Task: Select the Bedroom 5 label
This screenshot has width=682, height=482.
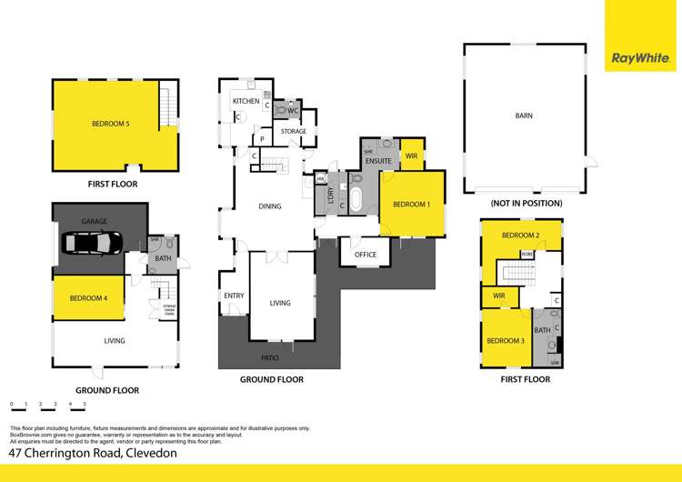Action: click(110, 124)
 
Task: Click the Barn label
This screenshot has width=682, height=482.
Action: click(524, 115)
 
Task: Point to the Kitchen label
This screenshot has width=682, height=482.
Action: click(246, 101)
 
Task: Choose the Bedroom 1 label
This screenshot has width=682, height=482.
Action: click(411, 205)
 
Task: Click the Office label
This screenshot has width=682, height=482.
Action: click(366, 255)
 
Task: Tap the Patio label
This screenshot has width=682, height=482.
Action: click(270, 358)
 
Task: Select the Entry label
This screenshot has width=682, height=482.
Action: click(234, 296)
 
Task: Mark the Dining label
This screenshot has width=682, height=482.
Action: click(270, 206)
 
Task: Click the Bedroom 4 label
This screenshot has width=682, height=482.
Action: click(88, 297)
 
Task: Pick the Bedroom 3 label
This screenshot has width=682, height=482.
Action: click(505, 341)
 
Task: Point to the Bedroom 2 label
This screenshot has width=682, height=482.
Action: click(520, 236)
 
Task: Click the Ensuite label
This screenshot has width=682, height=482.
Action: click(378, 161)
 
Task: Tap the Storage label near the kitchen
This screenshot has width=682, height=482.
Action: click(293, 132)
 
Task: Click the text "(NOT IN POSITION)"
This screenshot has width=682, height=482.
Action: click(526, 203)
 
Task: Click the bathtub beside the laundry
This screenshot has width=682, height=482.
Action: click(356, 199)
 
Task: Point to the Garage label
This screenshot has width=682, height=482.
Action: click(95, 221)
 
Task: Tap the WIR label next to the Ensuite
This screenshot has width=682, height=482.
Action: click(411, 156)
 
